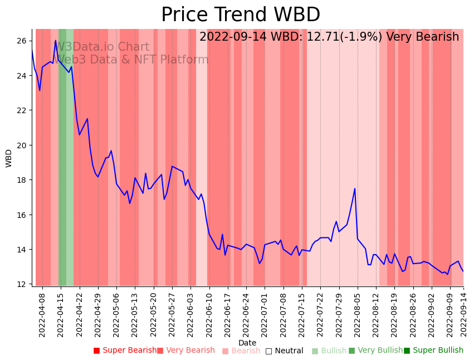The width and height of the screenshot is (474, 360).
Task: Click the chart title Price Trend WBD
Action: (241, 15)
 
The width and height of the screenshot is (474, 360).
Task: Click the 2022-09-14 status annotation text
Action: (329, 37)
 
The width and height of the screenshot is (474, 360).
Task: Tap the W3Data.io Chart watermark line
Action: (102, 47)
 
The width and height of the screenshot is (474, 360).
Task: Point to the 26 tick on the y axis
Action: (21, 41)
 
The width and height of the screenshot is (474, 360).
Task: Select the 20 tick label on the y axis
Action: (21, 145)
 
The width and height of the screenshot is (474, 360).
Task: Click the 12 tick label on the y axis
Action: (21, 284)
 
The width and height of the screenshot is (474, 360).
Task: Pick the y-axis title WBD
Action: (9, 158)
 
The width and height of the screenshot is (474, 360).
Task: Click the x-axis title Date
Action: (247, 343)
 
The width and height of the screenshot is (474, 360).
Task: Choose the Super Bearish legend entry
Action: (125, 351)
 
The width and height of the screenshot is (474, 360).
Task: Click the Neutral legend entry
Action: (285, 351)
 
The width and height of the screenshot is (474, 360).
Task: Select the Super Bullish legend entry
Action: (434, 351)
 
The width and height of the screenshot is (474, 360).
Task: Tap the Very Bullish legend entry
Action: (375, 351)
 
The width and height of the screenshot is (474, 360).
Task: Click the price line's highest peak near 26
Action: (56, 41)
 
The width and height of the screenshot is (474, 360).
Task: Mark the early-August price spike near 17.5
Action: (355, 189)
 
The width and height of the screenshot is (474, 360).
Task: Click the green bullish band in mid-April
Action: (63, 156)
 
